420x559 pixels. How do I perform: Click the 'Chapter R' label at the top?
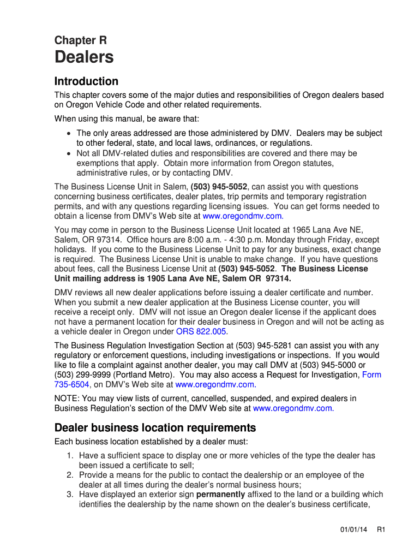click(x=80, y=40)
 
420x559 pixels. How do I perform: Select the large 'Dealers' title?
click(x=84, y=57)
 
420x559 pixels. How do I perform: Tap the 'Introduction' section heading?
click(x=86, y=81)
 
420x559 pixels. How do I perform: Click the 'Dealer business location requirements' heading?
click(x=155, y=427)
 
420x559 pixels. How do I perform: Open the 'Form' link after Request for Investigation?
click(x=372, y=374)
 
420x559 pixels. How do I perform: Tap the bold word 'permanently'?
click(x=221, y=495)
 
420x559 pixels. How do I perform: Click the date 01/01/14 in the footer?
click(x=351, y=530)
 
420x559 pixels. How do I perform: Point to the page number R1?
click(x=381, y=530)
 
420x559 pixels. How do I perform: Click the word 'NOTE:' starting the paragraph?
click(x=67, y=399)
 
